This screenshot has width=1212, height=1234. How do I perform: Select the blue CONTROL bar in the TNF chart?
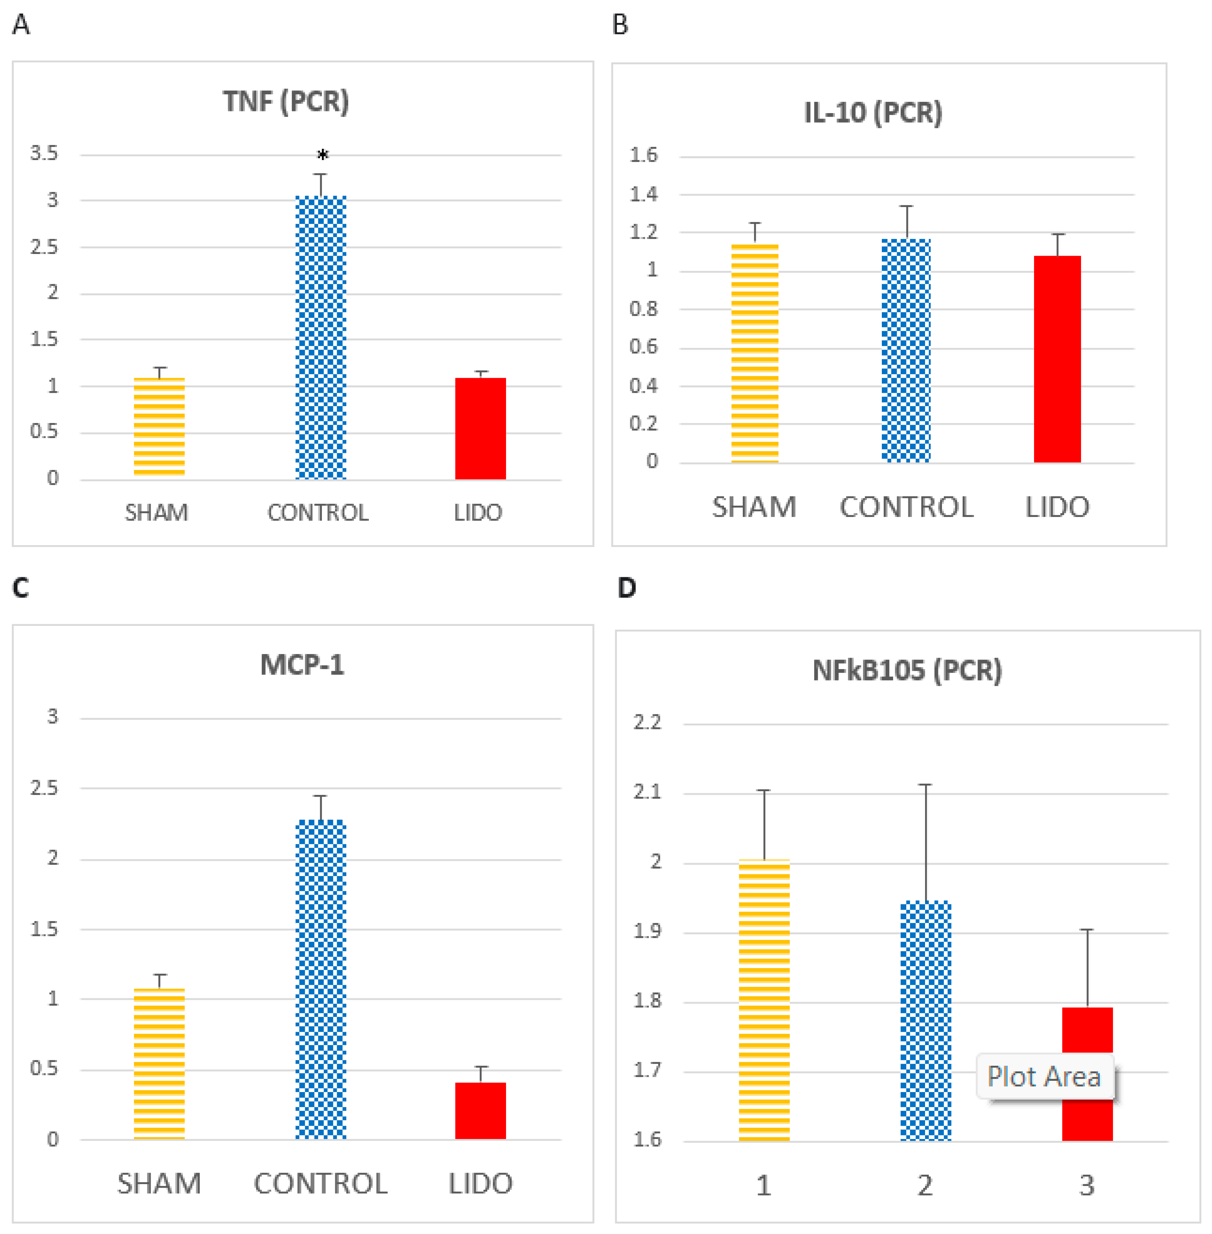pyautogui.click(x=321, y=337)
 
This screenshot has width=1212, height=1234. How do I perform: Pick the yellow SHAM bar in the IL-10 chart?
pyautogui.click(x=755, y=353)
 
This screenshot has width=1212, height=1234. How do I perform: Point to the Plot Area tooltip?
pyautogui.click(x=1045, y=1077)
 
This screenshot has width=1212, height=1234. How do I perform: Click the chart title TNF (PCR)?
pyautogui.click(x=286, y=101)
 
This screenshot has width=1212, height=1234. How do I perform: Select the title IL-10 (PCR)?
pyautogui.click(x=873, y=113)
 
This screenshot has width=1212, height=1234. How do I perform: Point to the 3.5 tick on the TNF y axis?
pyautogui.click(x=44, y=153)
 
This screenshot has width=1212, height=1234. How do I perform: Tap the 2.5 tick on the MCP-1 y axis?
pyautogui.click(x=44, y=788)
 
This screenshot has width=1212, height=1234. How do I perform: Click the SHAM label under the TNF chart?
pyautogui.click(x=157, y=512)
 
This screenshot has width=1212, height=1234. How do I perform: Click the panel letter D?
pyautogui.click(x=627, y=588)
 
